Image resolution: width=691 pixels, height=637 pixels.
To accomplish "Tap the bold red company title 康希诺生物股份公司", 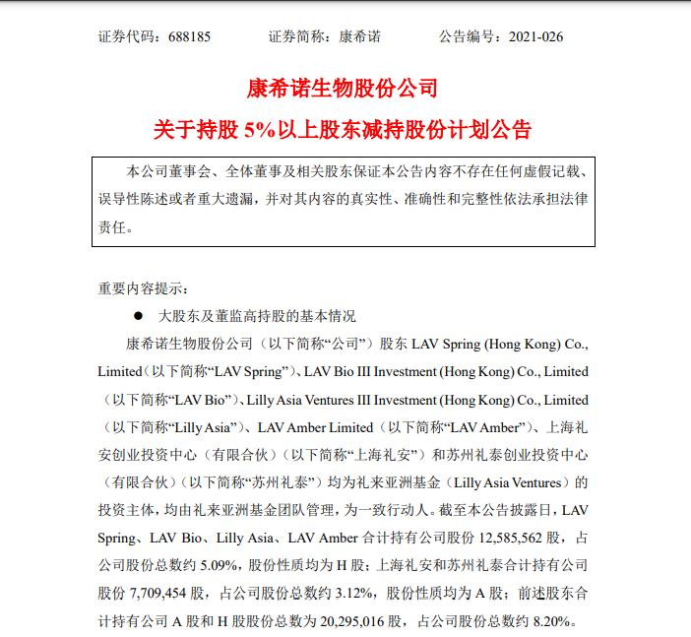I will [x=345, y=89].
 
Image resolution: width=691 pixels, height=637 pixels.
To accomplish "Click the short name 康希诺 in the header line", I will [x=360, y=36].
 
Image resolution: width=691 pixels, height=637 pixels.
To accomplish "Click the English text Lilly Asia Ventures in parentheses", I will [x=511, y=482].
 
